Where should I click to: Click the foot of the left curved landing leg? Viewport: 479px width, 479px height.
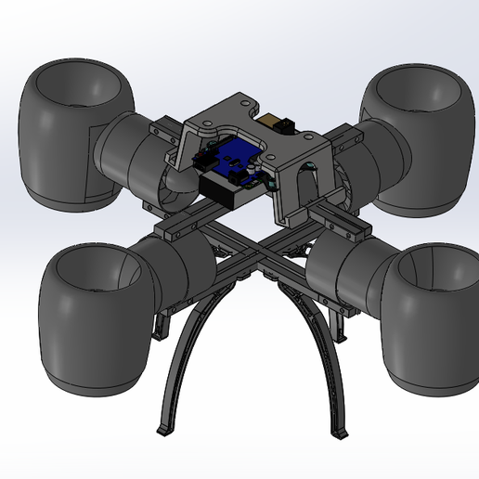[165, 430]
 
